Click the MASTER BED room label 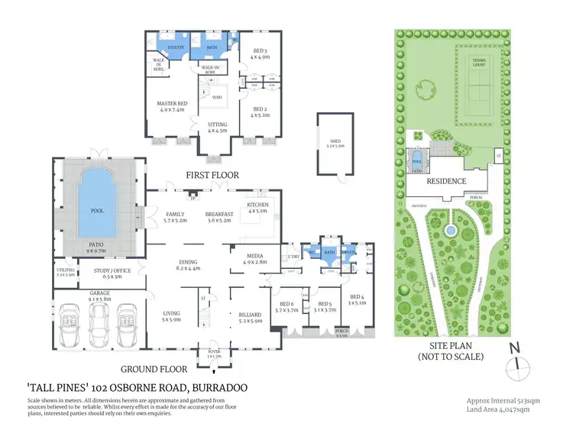(173, 103)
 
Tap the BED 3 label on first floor (262, 51)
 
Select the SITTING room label (219, 124)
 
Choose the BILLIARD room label (251, 314)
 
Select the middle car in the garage (99, 323)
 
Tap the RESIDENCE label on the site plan (445, 182)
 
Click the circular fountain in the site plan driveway (450, 228)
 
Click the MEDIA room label (254, 257)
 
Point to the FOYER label (209, 352)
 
